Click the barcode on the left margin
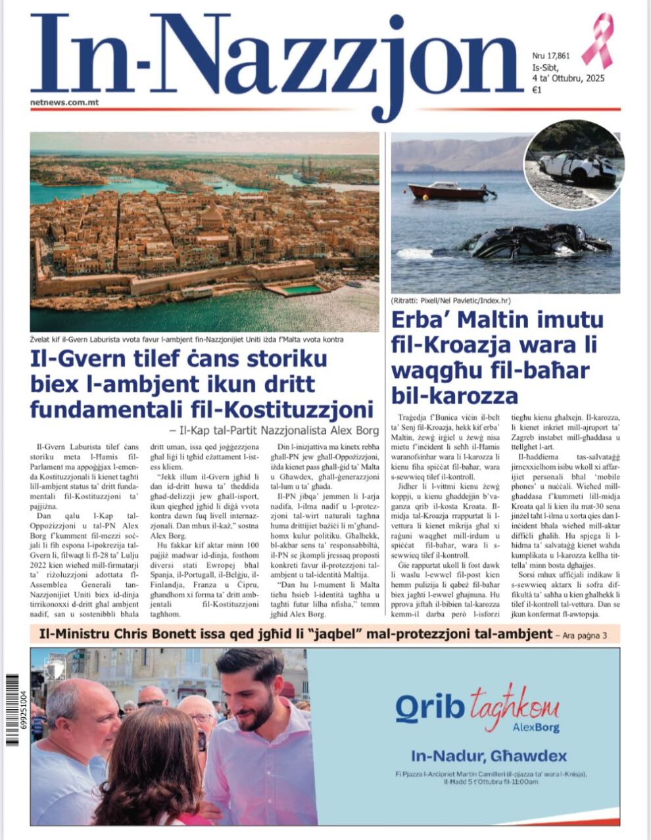pos(14,710)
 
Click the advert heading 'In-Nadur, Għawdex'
pos(489,756)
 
